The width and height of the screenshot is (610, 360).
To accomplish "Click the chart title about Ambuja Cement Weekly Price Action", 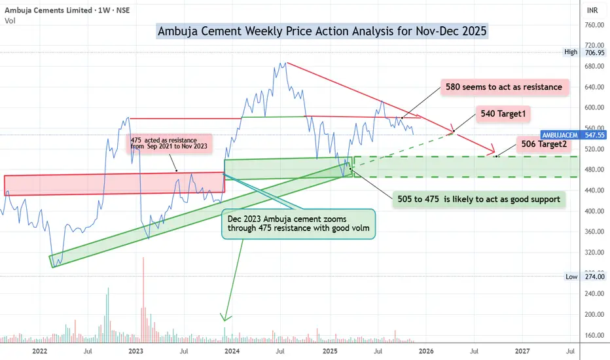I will [322, 31].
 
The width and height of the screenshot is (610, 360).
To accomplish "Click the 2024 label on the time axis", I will [231, 351].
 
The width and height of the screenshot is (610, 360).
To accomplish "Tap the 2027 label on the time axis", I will [522, 351].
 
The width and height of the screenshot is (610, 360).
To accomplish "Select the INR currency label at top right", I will [592, 10].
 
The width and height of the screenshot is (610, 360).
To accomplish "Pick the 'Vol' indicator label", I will [10, 21].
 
